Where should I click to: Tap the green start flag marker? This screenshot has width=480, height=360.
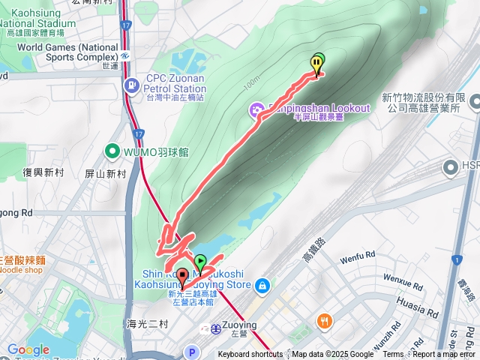point(200,262)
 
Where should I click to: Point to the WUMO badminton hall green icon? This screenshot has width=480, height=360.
point(112,151)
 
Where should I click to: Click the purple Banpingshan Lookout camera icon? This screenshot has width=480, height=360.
point(257,111)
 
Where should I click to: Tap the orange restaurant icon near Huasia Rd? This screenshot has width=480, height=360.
point(324,319)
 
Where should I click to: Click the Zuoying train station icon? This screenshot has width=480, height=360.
point(215,328)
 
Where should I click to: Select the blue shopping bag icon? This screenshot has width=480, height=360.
point(262,285)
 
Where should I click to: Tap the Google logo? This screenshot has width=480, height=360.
point(28,349)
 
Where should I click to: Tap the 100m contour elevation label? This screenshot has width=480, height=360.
point(251,80)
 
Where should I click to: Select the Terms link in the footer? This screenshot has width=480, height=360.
point(393,355)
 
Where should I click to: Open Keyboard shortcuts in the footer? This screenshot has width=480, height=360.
point(250,355)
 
